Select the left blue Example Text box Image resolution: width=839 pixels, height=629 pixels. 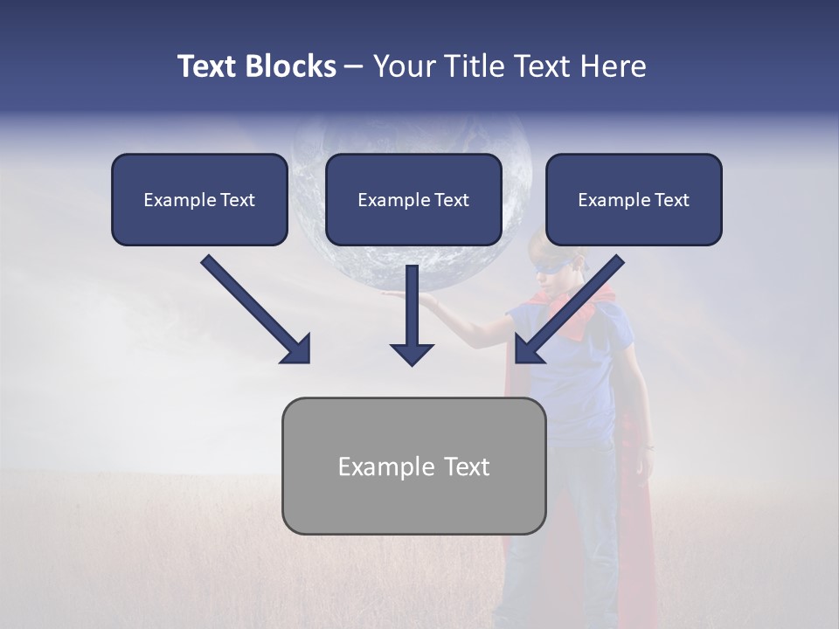point(199,200)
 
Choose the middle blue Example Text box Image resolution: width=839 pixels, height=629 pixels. point(413,200)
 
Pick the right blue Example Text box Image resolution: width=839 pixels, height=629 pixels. point(634,200)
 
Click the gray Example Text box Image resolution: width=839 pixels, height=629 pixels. point(413,467)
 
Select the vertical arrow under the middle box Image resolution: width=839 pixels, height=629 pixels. point(412,314)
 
